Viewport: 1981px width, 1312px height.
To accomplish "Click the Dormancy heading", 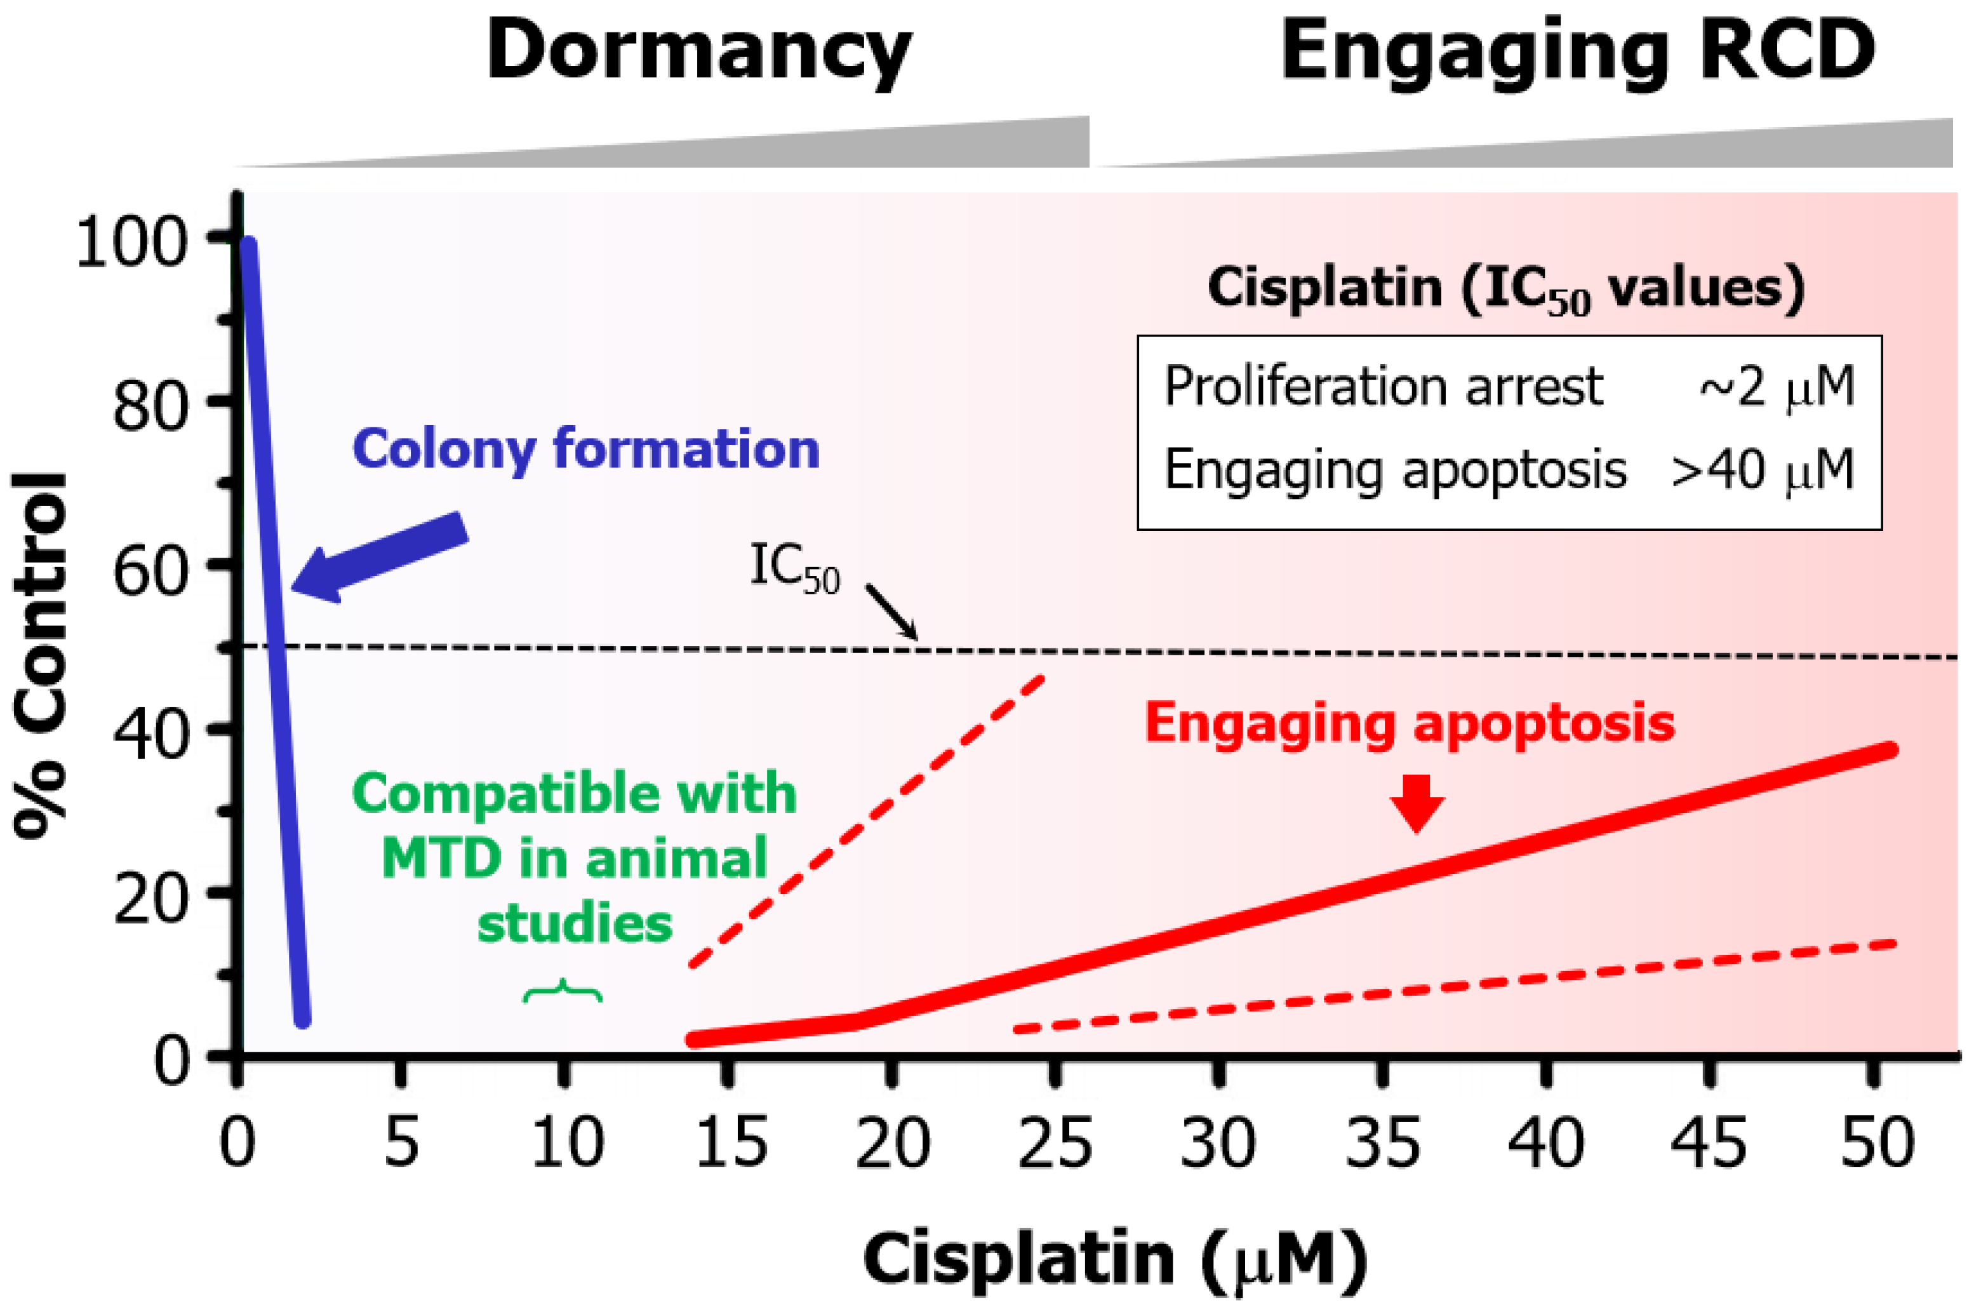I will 698,52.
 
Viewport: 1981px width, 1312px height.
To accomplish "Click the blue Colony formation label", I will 585,450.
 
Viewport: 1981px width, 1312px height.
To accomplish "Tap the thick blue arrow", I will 380,556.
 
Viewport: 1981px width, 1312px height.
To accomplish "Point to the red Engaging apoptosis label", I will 1410,722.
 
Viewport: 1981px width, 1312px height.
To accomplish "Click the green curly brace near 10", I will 562,991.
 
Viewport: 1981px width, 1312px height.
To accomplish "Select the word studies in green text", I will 575,924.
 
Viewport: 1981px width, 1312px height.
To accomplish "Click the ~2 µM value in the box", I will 1777,387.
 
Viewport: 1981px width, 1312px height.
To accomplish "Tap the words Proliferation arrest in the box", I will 1384,387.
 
